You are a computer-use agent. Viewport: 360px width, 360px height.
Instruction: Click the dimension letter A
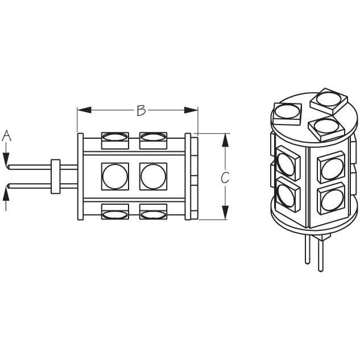click(7, 135)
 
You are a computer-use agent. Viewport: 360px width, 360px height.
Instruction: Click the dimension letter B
click(141, 110)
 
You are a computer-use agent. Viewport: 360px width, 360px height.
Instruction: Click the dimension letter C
click(225, 177)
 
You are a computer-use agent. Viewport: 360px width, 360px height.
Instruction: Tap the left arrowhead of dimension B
click(85, 110)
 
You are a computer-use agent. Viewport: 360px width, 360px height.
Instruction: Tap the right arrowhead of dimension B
click(191, 110)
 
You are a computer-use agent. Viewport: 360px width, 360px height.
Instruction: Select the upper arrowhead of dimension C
click(225, 140)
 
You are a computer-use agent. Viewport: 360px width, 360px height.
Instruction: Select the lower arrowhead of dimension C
click(225, 213)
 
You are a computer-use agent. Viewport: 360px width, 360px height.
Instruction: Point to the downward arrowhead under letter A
click(6, 159)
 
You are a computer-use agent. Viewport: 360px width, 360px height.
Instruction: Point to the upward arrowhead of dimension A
click(6, 195)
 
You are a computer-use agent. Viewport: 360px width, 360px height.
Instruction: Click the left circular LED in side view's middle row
click(115, 176)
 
